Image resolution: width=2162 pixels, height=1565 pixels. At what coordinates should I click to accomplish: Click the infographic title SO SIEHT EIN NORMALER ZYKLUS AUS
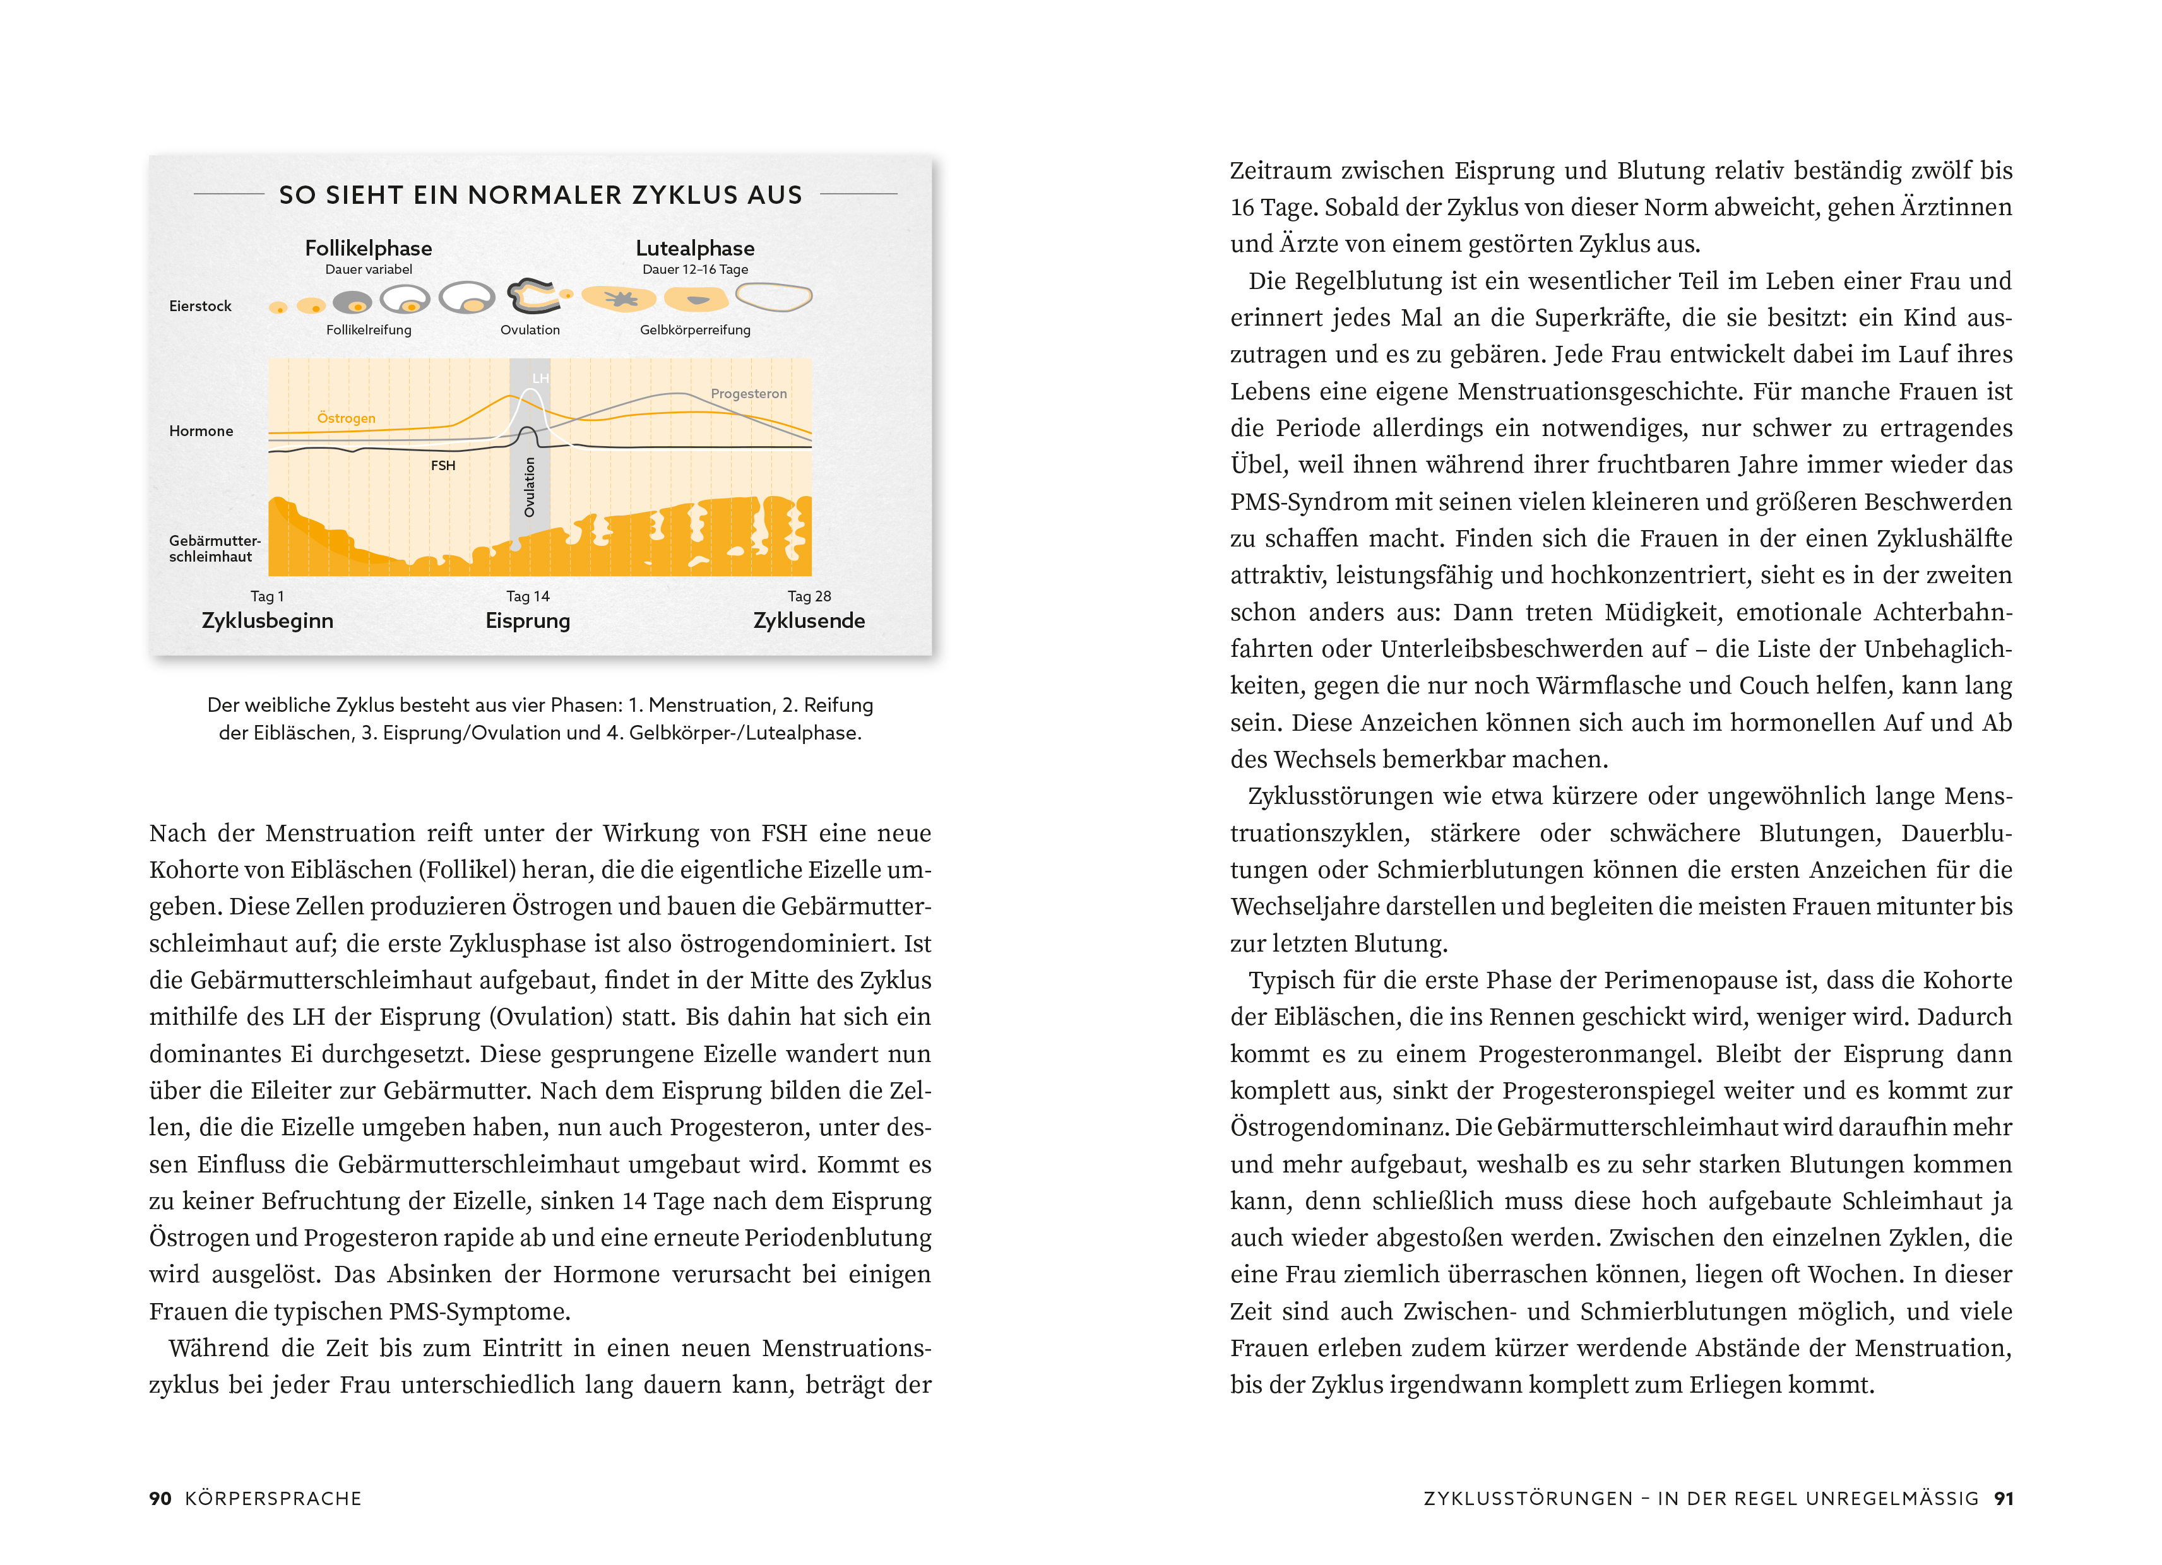540,196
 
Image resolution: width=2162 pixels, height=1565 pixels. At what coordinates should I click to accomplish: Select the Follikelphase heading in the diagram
368,249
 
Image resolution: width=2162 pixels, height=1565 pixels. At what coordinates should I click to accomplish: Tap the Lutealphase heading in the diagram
695,249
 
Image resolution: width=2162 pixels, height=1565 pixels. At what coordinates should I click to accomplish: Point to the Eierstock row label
200,306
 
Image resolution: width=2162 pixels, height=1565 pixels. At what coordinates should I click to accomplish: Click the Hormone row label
201,431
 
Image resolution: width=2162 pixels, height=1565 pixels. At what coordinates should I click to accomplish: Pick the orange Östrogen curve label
346,418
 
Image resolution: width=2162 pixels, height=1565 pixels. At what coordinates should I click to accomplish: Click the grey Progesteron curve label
748,394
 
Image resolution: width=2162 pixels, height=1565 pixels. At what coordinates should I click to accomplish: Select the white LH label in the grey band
540,379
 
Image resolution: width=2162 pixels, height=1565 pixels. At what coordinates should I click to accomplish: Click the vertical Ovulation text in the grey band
530,487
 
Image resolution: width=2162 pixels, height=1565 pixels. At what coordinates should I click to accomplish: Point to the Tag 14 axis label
528,596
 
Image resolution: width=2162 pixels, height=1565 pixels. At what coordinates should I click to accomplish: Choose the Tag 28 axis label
809,596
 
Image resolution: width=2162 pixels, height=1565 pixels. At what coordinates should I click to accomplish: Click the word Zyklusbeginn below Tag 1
268,622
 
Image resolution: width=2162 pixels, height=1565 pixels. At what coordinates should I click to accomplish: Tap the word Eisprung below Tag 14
528,622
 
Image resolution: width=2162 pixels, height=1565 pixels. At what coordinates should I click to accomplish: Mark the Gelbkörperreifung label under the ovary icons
695,331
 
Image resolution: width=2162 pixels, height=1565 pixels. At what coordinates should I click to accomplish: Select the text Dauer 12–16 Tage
695,269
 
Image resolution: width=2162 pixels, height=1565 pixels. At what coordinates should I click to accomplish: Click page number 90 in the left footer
160,1498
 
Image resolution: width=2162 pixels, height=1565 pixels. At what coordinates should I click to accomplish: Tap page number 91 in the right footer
2004,1498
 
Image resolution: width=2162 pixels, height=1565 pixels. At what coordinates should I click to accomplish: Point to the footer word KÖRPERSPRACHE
273,1498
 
